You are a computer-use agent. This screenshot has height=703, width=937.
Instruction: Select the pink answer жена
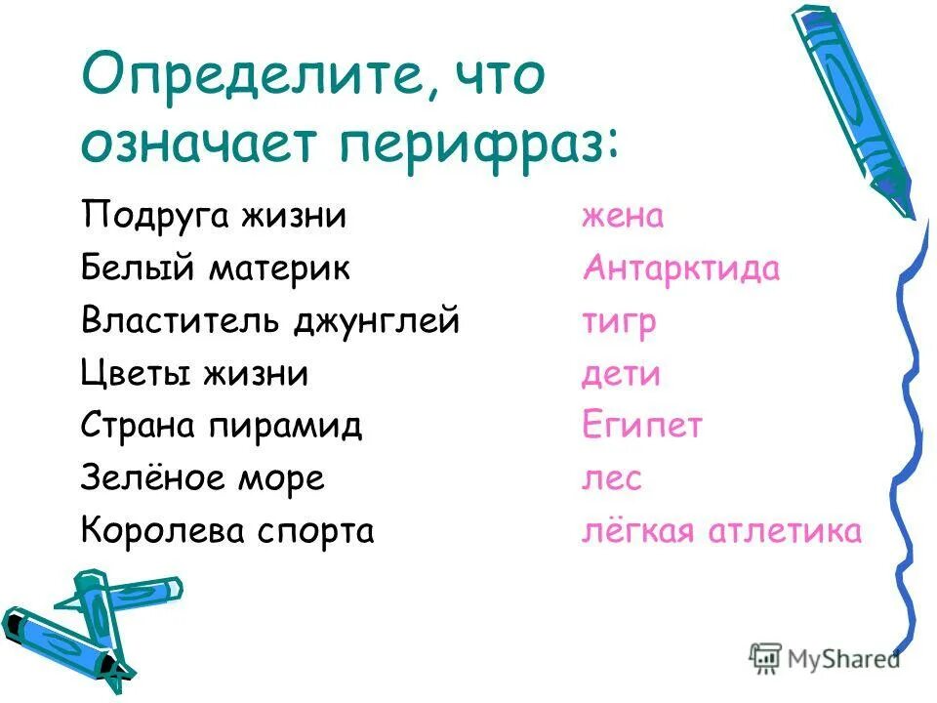click(x=623, y=215)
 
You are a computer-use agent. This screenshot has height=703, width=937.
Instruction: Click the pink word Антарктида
click(x=681, y=268)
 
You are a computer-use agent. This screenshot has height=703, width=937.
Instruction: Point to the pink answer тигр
click(x=619, y=321)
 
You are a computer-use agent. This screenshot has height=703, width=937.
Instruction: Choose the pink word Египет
click(x=642, y=426)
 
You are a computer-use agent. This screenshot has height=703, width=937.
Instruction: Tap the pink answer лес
click(x=612, y=478)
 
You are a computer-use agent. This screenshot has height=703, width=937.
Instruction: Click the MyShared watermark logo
click(x=826, y=658)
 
